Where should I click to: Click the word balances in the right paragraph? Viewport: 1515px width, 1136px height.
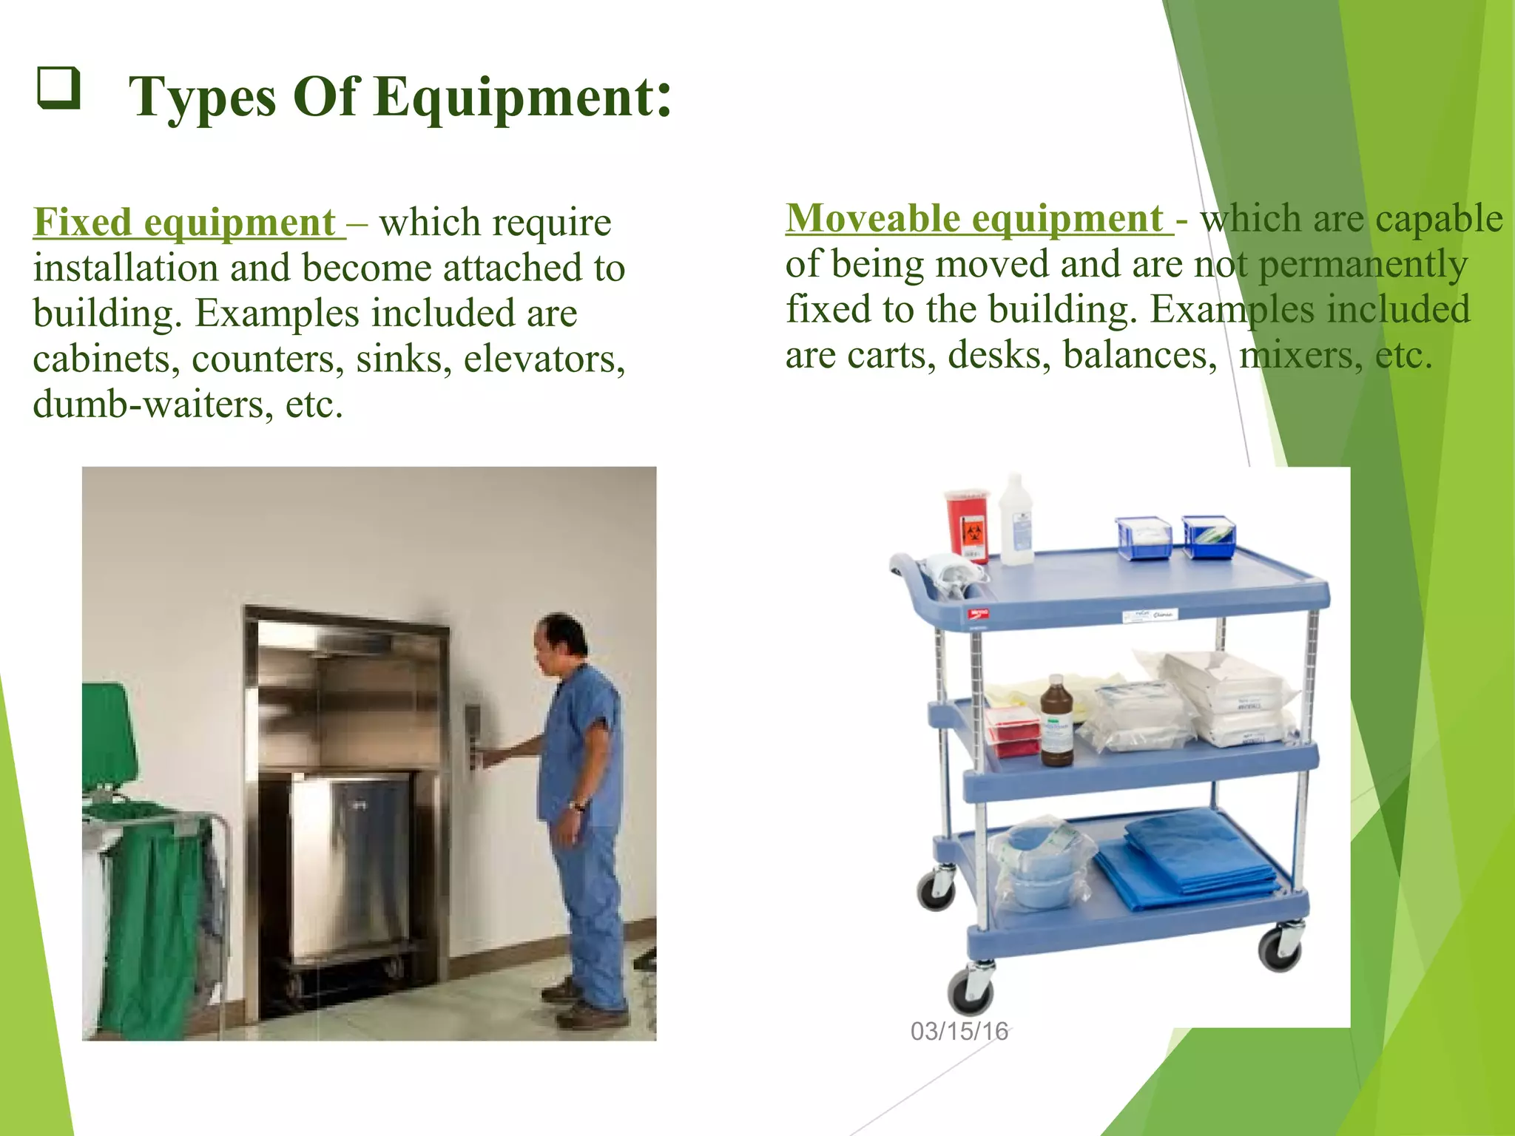pyautogui.click(x=1139, y=355)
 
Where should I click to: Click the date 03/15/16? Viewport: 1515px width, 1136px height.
pyautogui.click(x=959, y=1031)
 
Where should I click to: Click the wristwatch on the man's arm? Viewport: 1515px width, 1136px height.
pyautogui.click(x=576, y=805)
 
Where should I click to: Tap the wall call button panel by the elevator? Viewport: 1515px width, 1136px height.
pyautogui.click(x=472, y=736)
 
